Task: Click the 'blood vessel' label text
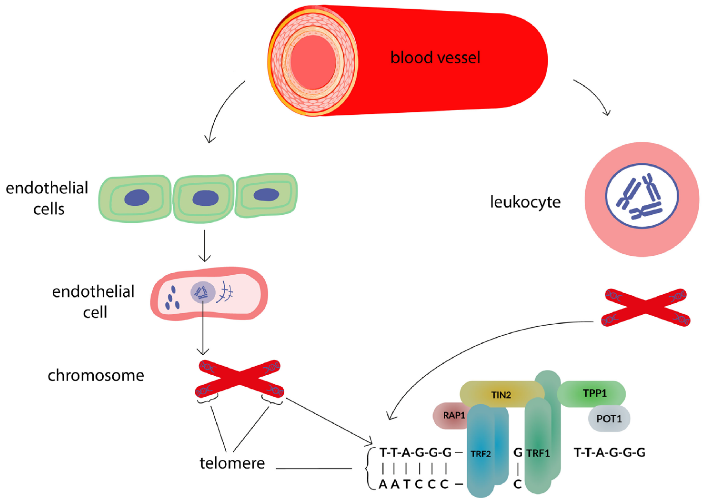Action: [x=435, y=58]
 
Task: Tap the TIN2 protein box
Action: [x=501, y=395]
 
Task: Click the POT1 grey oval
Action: [x=609, y=419]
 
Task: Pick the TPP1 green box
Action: [x=594, y=393]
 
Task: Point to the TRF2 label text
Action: [x=480, y=454]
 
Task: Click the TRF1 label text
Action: [x=538, y=453]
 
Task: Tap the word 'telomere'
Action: [x=232, y=463]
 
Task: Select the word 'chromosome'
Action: [x=96, y=376]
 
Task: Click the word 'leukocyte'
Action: [x=525, y=202]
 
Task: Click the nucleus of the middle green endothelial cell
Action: [x=205, y=198]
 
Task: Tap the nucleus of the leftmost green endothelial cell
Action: [x=137, y=197]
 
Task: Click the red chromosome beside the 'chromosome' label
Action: [x=240, y=379]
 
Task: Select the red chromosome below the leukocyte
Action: [x=646, y=307]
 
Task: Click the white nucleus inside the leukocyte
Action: [x=642, y=196]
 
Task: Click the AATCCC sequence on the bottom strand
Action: [x=414, y=484]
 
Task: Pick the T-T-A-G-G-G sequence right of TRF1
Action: [x=610, y=453]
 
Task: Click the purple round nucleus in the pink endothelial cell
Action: [x=203, y=292]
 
